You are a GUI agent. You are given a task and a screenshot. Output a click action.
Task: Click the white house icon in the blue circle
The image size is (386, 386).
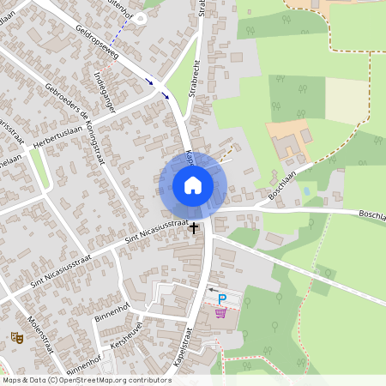click(192, 185)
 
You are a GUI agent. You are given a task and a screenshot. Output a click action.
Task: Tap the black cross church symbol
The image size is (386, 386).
click(194, 228)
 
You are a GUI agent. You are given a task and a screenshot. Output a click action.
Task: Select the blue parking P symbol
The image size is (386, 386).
click(222, 299)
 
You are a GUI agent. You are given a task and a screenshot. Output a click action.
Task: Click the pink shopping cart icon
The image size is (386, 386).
click(221, 312)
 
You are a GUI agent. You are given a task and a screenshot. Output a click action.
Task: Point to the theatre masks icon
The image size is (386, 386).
click(15, 338)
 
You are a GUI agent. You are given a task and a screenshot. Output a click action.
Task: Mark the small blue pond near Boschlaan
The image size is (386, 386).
click(307, 191)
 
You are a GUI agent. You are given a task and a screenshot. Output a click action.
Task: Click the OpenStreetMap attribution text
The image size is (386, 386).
click(86, 380)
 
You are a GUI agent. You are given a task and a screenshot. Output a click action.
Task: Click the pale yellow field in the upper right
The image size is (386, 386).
click(347, 101)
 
